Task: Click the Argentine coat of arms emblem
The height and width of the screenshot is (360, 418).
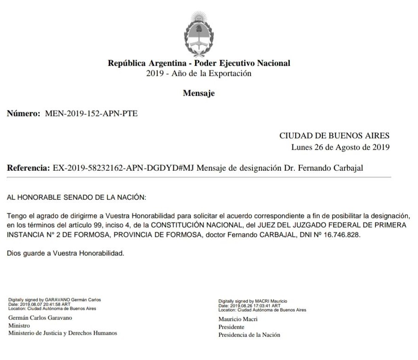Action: (199, 32)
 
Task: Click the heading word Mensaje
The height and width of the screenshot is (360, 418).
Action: (199, 93)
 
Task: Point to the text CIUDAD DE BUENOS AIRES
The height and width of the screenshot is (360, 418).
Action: (334, 136)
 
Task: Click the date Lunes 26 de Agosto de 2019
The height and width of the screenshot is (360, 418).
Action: (340, 148)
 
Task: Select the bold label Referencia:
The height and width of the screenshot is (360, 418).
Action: (28, 168)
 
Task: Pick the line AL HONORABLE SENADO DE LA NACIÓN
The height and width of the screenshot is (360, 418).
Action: (77, 197)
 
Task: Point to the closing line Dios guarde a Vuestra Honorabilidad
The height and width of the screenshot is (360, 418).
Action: (66, 254)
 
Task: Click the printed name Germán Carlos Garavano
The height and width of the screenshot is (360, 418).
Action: (40, 318)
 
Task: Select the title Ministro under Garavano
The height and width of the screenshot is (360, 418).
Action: (19, 325)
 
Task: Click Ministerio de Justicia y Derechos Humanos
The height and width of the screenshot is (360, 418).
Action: (63, 333)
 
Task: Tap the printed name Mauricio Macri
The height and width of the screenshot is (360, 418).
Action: (238, 319)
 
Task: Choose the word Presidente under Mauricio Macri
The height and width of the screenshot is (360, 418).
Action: (231, 327)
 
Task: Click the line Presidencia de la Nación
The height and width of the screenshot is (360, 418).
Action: (249, 335)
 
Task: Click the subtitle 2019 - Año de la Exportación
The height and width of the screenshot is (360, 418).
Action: (199, 74)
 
